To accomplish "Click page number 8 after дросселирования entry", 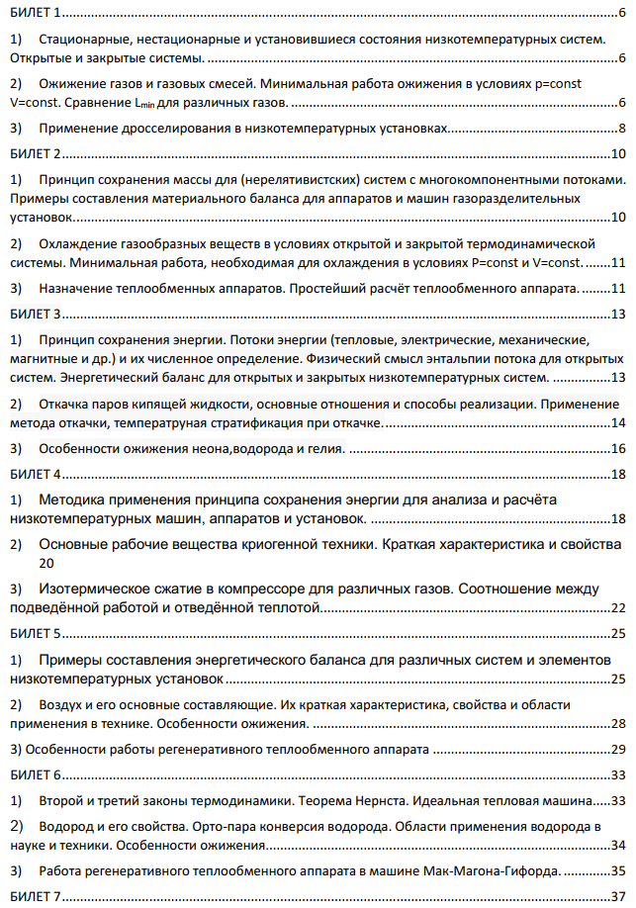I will [x=621, y=129].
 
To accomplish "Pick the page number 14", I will [x=617, y=423].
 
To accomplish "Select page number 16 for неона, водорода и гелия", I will [x=617, y=449].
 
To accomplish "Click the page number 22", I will [x=617, y=607].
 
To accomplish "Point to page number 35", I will [x=617, y=870].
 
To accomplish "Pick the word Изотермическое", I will [x=99, y=589].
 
